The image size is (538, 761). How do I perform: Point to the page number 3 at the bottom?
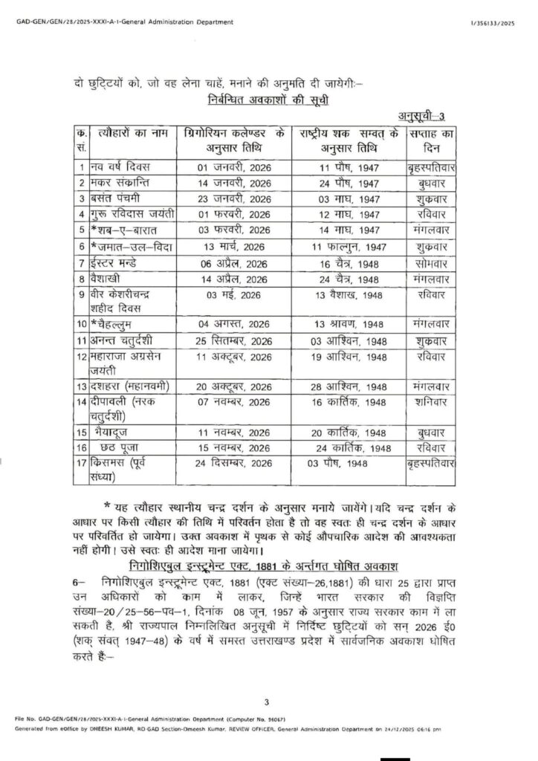click(x=266, y=702)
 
